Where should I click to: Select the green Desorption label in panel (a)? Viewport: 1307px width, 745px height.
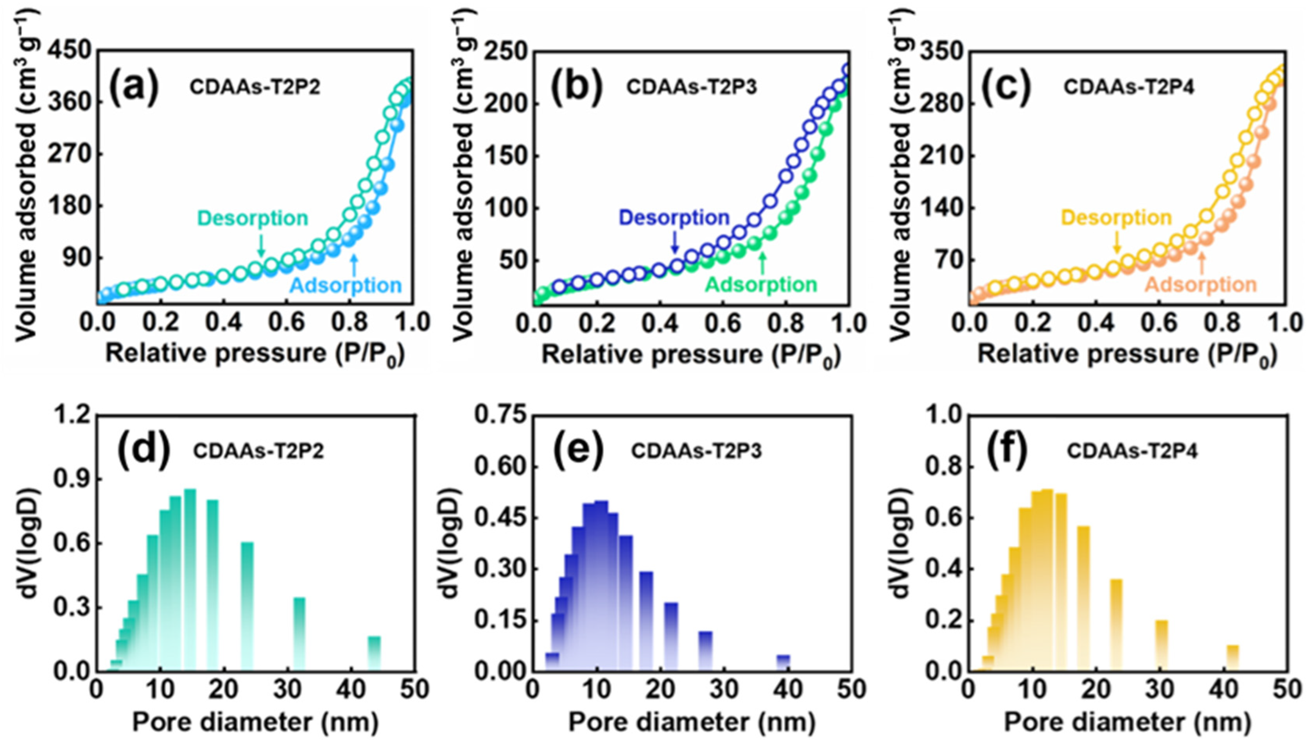click(x=253, y=218)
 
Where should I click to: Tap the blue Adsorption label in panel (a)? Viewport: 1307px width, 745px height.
click(x=346, y=286)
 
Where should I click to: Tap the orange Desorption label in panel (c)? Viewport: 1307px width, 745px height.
click(x=1116, y=218)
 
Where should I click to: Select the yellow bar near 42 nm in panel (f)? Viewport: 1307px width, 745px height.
click(x=1232, y=657)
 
